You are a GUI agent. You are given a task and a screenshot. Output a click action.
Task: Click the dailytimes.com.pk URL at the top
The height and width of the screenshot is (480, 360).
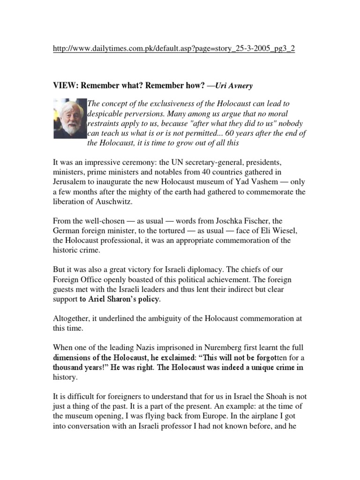pyautogui.click(x=173, y=49)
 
